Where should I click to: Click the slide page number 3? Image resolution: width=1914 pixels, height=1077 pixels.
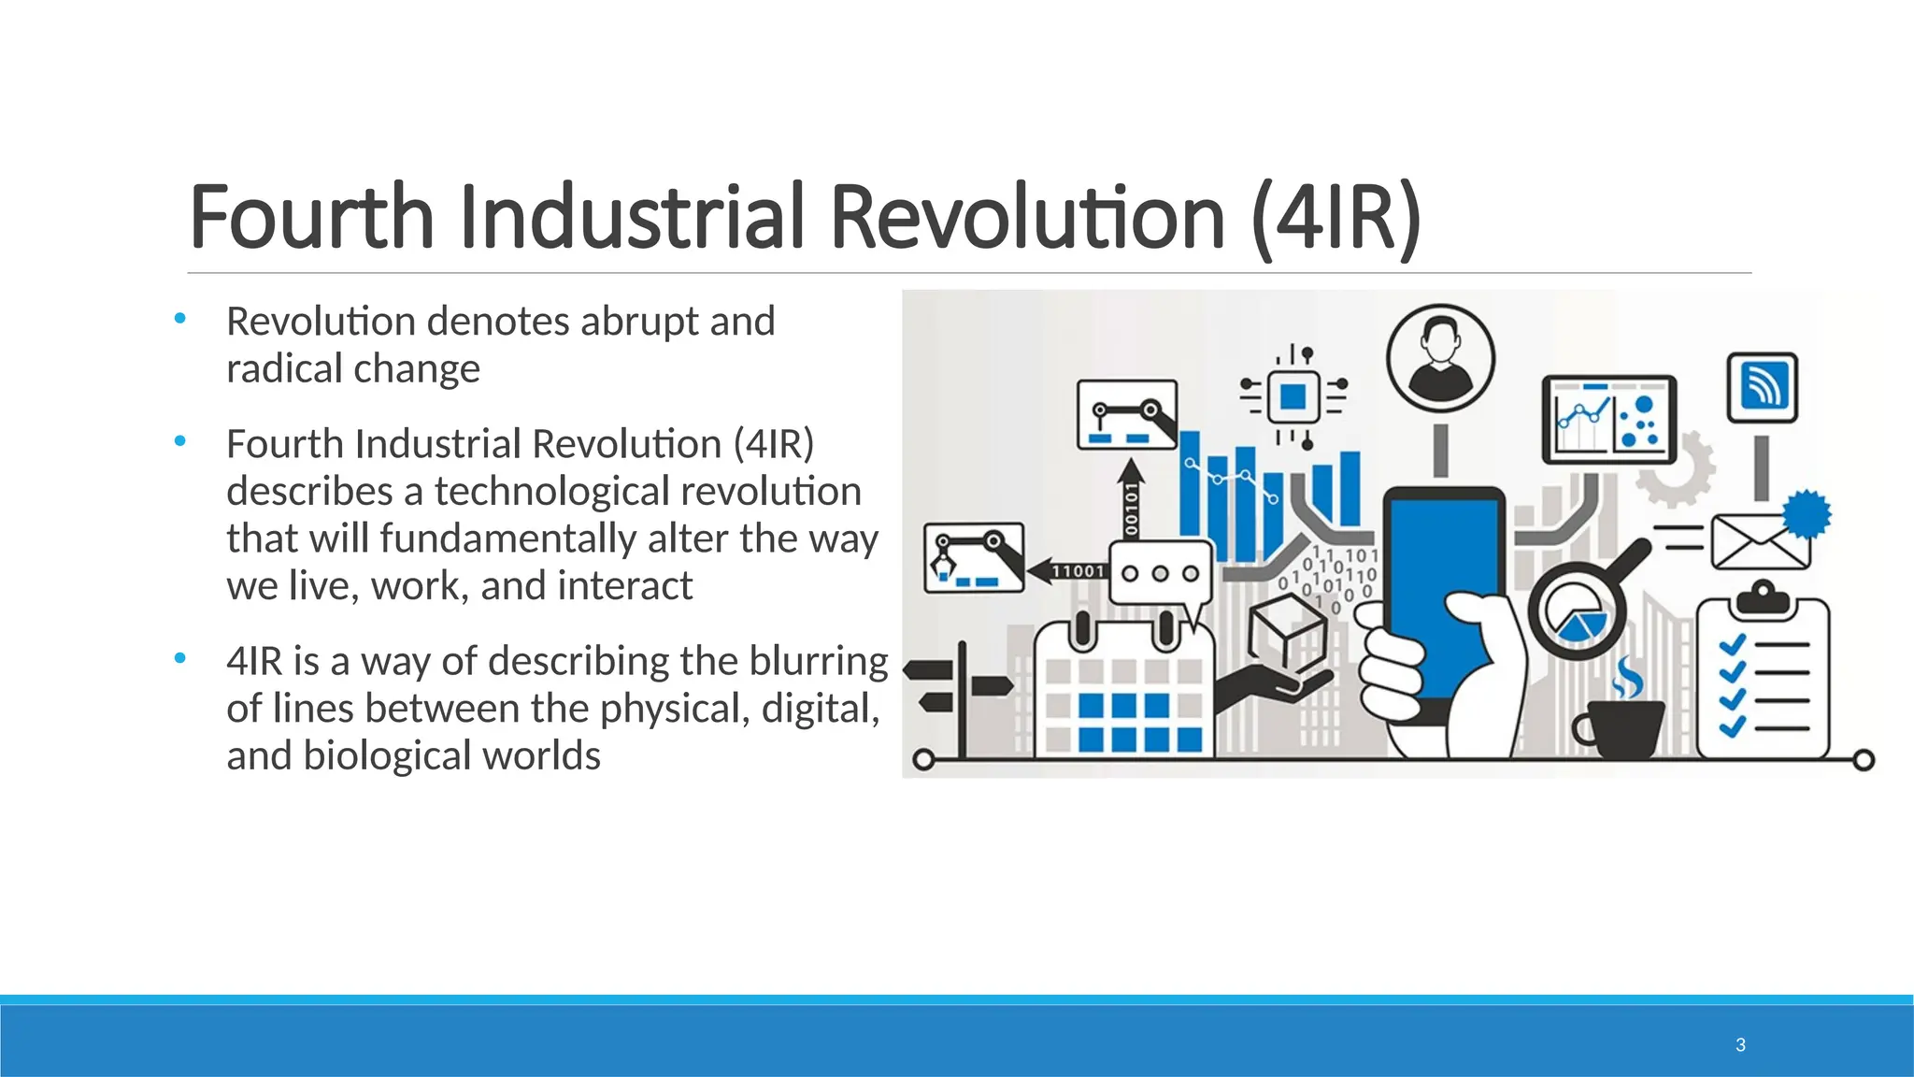pos(1740,1045)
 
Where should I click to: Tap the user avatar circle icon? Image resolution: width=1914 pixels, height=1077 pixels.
pos(1440,359)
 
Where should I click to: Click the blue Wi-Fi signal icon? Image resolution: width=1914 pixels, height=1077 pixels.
pos(1762,386)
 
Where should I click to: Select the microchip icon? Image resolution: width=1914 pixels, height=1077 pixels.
pos(1293,396)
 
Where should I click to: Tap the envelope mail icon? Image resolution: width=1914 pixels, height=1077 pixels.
pos(1760,542)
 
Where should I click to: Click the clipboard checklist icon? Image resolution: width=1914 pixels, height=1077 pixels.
pos(1763,678)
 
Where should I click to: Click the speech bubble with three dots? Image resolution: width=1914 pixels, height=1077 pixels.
pos(1160,573)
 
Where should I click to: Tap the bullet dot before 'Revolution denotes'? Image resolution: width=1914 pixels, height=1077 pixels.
pos(179,320)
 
